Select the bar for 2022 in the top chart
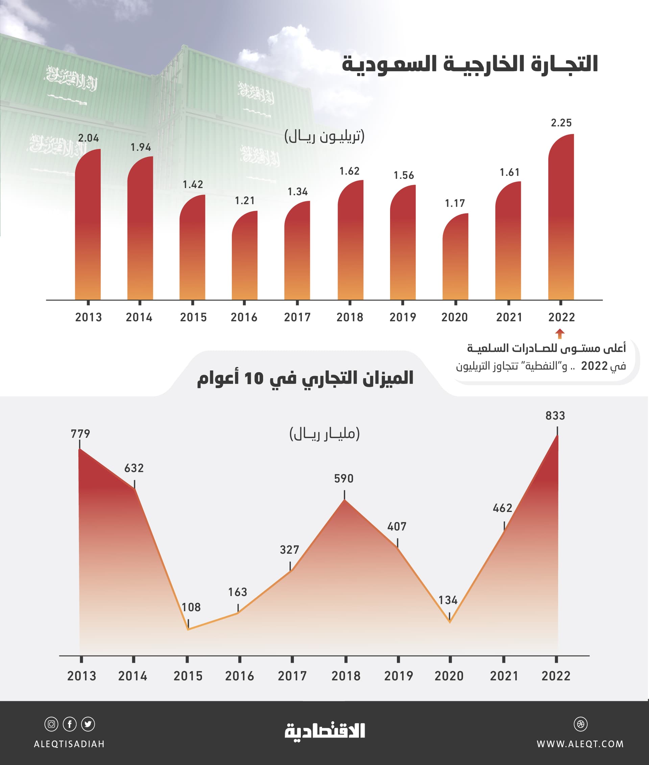pyautogui.click(x=561, y=221)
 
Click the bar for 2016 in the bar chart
pyautogui.click(x=245, y=258)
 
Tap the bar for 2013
pyautogui.click(x=88, y=228)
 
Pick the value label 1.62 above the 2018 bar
pyautogui.click(x=349, y=171)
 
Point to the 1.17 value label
pyautogui.click(x=455, y=203)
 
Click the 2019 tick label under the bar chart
pyautogui.click(x=403, y=317)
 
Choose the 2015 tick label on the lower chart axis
pyautogui.click(x=188, y=676)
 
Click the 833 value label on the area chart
pyautogui.click(x=555, y=415)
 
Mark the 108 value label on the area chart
pyautogui.click(x=191, y=607)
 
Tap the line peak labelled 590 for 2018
pyautogui.click(x=344, y=500)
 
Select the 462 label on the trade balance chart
pyautogui.click(x=503, y=508)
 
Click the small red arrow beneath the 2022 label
pyautogui.click(x=560, y=333)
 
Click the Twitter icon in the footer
pyautogui.click(x=88, y=724)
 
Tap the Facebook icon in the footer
pyautogui.click(x=70, y=724)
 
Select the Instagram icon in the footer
pyautogui.click(x=51, y=724)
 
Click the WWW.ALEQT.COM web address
pyautogui.click(x=580, y=744)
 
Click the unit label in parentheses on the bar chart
pyautogui.click(x=324, y=137)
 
